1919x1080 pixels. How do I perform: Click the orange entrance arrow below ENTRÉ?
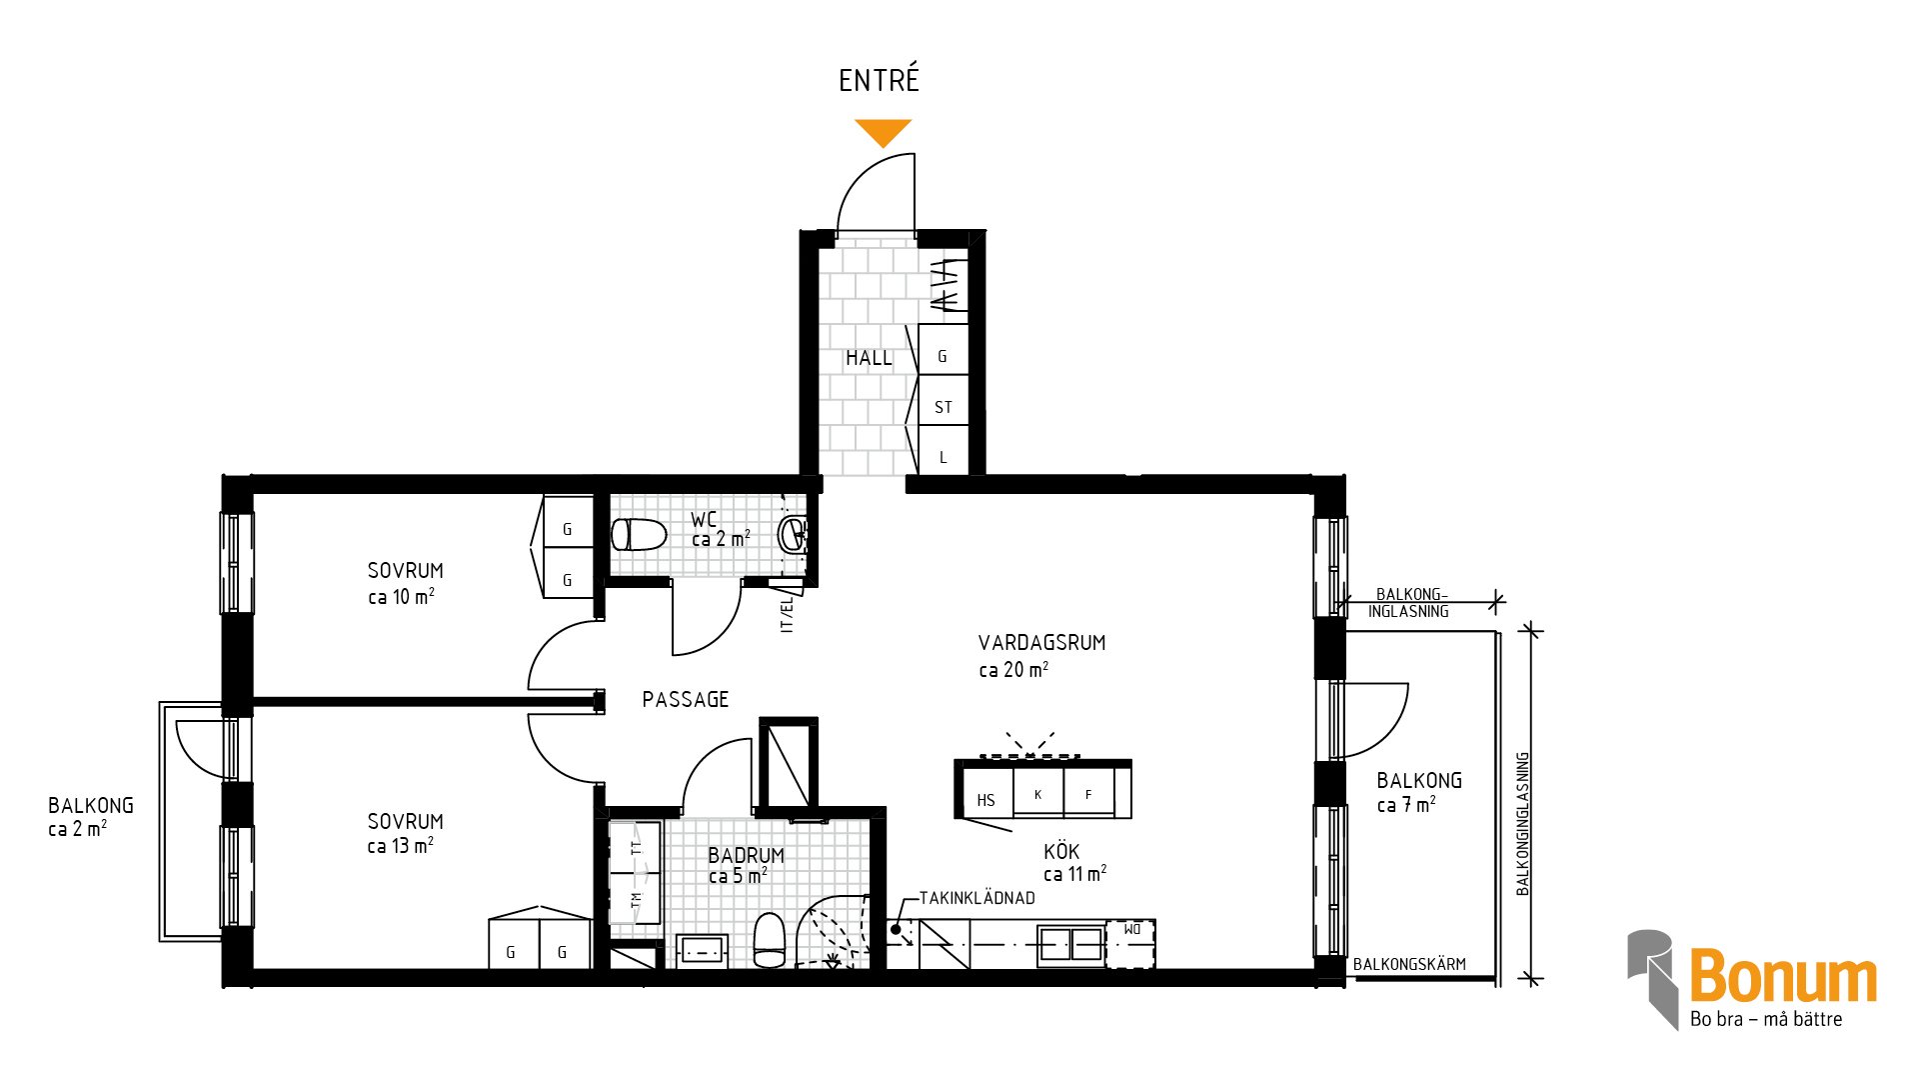tap(884, 132)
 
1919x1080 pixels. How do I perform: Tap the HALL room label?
tap(869, 358)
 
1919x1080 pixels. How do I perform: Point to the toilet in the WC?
tap(639, 535)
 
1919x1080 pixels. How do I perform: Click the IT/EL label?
tap(787, 614)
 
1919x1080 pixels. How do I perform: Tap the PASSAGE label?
tap(686, 700)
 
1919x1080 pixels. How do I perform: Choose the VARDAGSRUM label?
tap(1042, 643)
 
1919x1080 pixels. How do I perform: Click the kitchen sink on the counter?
tap(1070, 944)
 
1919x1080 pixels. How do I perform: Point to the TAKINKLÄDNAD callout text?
tap(977, 898)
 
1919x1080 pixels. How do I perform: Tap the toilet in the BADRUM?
tap(770, 940)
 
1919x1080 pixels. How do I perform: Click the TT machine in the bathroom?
tap(635, 848)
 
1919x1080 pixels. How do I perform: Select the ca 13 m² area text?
tap(400, 846)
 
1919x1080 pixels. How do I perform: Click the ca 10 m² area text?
tap(401, 597)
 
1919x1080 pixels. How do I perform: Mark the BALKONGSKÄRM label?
tap(1409, 964)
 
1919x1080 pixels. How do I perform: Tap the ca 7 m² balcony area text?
tap(1406, 805)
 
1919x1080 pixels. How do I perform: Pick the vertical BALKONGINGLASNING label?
tap(1523, 824)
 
